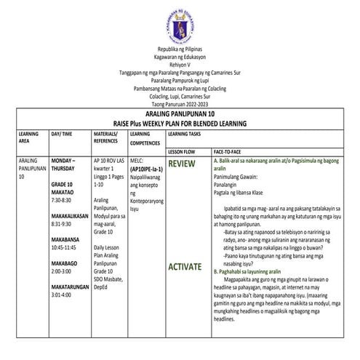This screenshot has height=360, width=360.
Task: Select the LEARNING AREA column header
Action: (x=20, y=138)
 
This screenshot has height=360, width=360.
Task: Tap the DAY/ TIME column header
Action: (x=62, y=135)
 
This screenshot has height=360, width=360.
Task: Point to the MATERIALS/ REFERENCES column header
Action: (x=106, y=138)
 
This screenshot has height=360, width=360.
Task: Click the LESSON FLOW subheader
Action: (x=183, y=151)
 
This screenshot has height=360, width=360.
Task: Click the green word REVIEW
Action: (x=182, y=164)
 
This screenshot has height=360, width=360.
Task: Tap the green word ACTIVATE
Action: (x=185, y=267)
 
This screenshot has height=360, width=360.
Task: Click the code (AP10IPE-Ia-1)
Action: (x=146, y=169)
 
